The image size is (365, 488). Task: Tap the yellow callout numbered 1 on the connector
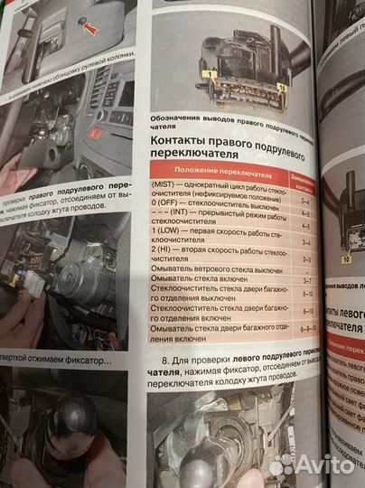point(209,73)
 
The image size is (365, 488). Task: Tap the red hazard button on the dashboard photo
point(93,134)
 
